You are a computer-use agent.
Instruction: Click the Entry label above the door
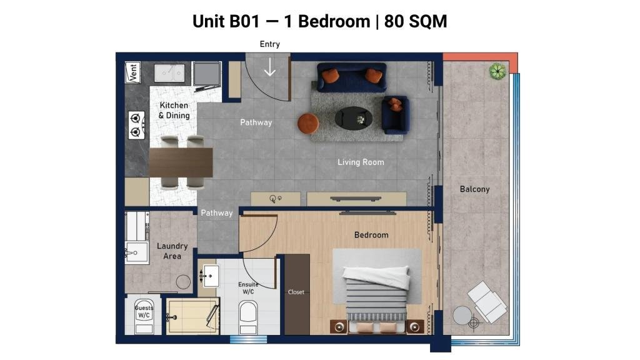(270, 44)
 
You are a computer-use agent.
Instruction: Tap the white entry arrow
(270, 67)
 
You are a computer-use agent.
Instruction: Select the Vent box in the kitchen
(133, 72)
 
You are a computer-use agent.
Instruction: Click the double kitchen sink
(169, 72)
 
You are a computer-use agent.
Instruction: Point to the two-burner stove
(136, 125)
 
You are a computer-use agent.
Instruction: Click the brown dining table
(181, 162)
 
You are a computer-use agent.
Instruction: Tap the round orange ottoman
(308, 124)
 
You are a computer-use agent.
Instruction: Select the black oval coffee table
(354, 118)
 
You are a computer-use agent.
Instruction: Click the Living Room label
(361, 162)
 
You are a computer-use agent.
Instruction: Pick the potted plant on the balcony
(497, 71)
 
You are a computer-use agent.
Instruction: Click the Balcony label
(474, 189)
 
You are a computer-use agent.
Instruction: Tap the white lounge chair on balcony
(487, 302)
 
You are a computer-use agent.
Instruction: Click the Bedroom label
(371, 235)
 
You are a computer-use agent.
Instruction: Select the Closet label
(296, 292)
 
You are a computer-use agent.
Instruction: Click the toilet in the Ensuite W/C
(247, 317)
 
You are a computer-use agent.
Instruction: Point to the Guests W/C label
(144, 311)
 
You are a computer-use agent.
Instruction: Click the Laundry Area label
(172, 251)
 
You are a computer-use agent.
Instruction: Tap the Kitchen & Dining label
(174, 110)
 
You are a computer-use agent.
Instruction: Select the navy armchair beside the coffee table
(395, 115)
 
